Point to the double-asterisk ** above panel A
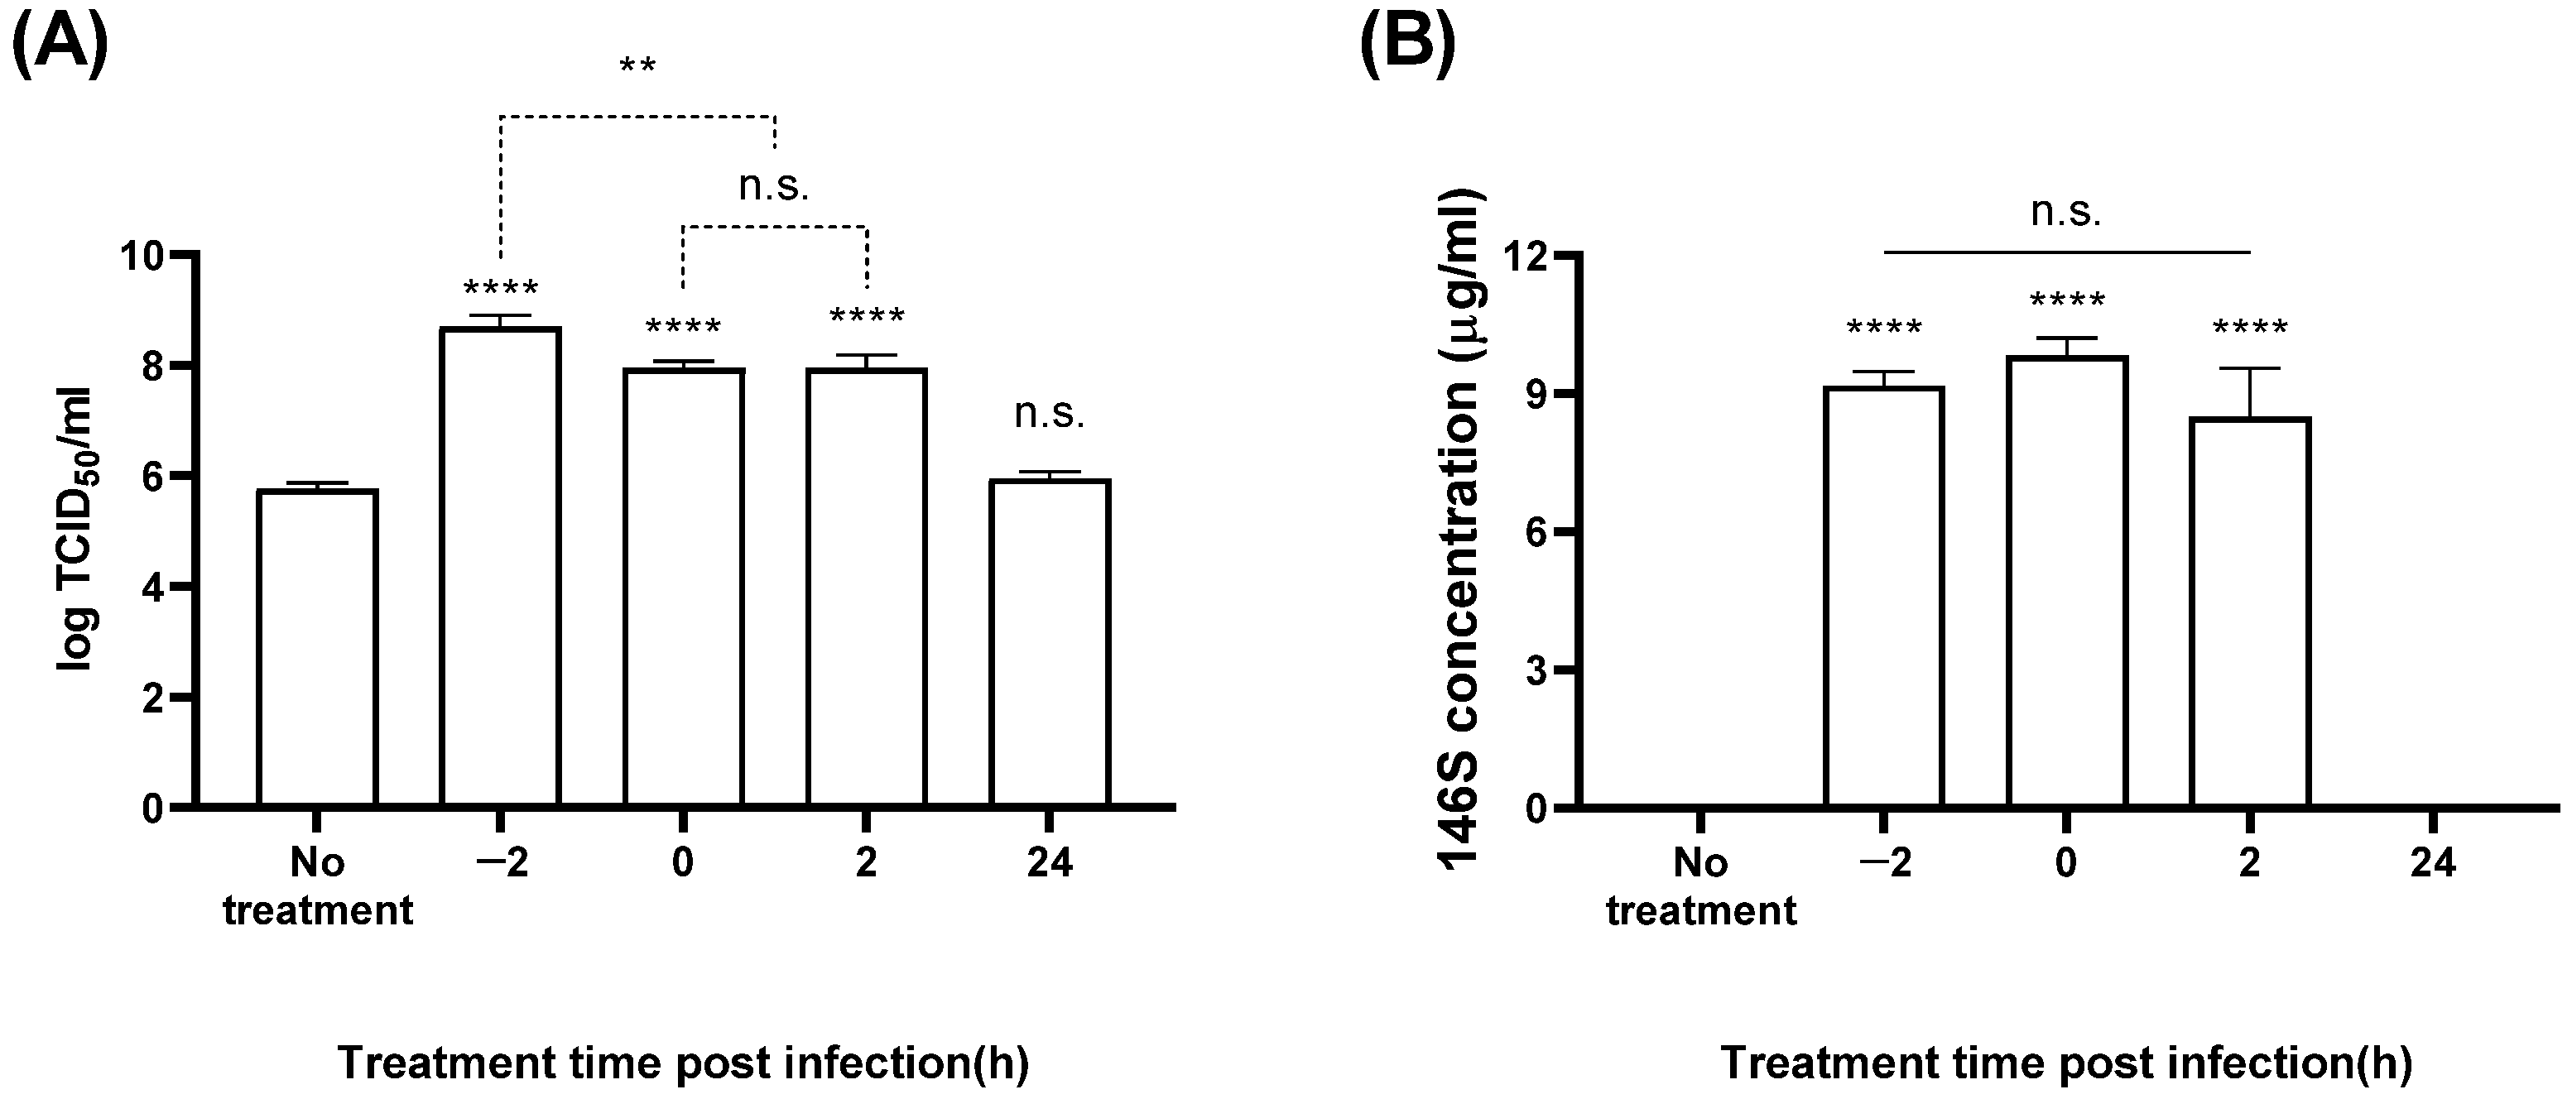pyautogui.click(x=637, y=68)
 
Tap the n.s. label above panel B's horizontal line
pyautogui.click(x=2065, y=212)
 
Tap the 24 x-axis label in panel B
pyautogui.click(x=2432, y=861)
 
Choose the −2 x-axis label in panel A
pyautogui.click(x=500, y=861)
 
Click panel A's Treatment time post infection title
pyautogui.click(x=683, y=1063)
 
